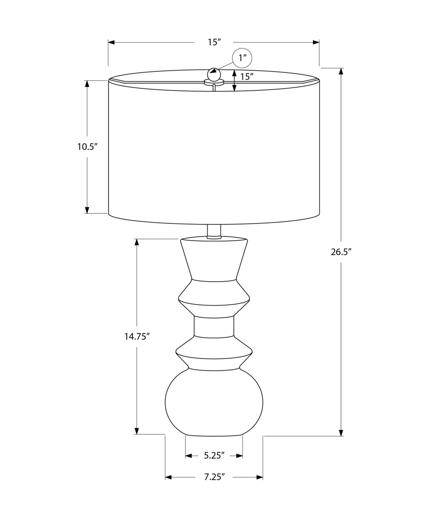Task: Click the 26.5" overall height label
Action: point(341,252)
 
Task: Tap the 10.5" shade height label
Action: point(87,147)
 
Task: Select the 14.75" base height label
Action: point(137,336)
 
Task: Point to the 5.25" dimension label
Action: point(214,455)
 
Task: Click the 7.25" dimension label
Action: point(214,477)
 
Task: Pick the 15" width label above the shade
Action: point(214,42)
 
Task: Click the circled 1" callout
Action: point(242,59)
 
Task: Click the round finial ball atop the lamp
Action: point(214,75)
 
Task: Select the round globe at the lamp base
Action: point(214,402)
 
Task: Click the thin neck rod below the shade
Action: point(214,231)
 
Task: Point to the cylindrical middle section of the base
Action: point(214,326)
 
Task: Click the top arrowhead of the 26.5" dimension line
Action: point(341,71)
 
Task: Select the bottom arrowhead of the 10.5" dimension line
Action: point(87,210)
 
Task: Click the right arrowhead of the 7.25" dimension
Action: point(259,477)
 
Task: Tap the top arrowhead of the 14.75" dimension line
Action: point(136,242)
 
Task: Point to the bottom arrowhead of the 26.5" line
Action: point(341,433)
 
